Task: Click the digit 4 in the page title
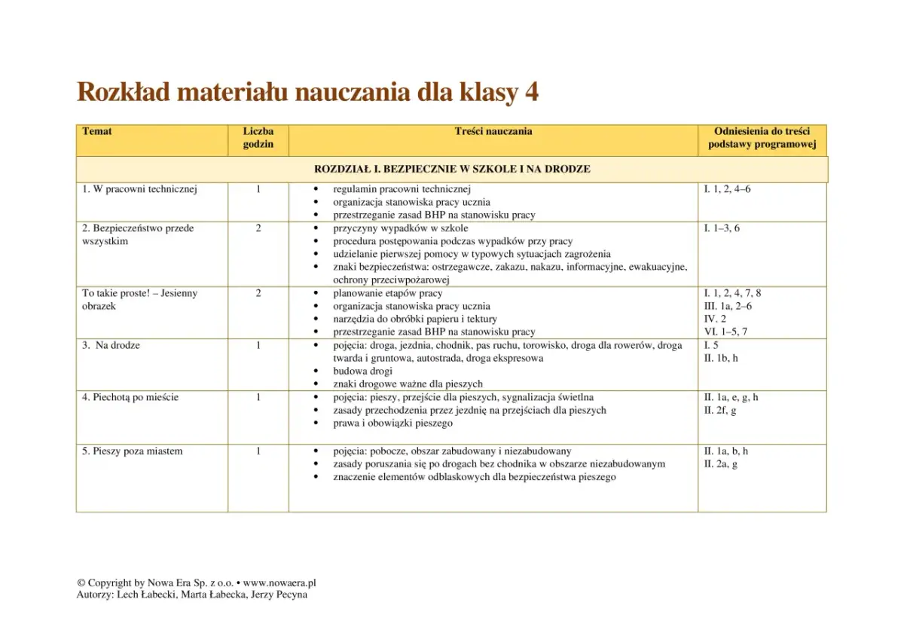pos(531,93)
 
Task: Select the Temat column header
pos(97,132)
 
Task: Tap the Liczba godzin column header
pos(258,138)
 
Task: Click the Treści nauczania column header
pos(493,132)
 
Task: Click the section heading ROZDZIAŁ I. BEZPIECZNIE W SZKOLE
pos(452,170)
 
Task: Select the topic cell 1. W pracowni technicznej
pos(139,190)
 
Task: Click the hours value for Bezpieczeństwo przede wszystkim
pos(258,228)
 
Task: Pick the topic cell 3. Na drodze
pos(111,346)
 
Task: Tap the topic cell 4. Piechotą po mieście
pos(130,398)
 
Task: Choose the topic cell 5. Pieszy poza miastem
pos(133,451)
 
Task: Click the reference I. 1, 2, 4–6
pos(727,190)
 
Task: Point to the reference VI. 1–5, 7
pos(725,332)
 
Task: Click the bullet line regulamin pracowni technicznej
pos(402,190)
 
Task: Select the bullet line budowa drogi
pos(363,371)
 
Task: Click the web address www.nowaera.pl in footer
pos(279,583)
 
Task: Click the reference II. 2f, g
pos(720,411)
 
